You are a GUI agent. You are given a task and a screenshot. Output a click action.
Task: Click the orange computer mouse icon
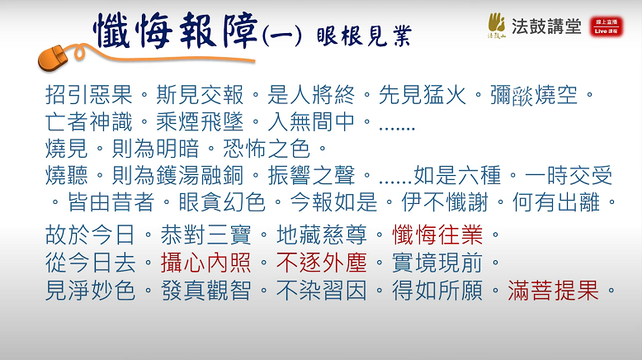(54, 58)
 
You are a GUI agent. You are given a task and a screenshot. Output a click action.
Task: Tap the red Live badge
(607, 26)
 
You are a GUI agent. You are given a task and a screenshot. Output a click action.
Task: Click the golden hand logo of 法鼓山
(497, 25)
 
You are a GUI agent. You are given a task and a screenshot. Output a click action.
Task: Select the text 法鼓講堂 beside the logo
(546, 26)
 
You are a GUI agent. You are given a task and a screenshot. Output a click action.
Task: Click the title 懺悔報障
(176, 31)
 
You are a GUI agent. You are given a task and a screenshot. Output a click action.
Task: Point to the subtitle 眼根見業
(365, 36)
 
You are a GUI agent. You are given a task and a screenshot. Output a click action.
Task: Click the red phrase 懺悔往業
(437, 235)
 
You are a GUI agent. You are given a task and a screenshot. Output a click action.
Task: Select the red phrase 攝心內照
(205, 263)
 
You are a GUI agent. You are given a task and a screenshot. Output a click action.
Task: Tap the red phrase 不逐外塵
(321, 263)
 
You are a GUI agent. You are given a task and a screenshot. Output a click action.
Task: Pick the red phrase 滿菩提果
(553, 291)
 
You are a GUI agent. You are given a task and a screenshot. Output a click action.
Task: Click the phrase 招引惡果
(89, 95)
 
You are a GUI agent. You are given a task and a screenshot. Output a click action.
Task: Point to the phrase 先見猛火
(422, 95)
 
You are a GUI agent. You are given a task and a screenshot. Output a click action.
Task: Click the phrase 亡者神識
(89, 121)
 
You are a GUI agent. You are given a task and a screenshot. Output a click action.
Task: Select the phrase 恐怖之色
(267, 149)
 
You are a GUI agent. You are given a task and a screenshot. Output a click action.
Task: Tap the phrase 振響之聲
(311, 175)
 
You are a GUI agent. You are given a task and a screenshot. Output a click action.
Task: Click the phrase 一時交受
(569, 175)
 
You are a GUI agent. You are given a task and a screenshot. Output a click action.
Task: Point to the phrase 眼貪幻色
(222, 202)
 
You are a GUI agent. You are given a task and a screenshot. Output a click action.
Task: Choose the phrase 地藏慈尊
(321, 235)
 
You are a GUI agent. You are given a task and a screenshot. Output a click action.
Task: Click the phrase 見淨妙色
(90, 291)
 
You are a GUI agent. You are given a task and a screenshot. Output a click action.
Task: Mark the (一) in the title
(281, 36)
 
